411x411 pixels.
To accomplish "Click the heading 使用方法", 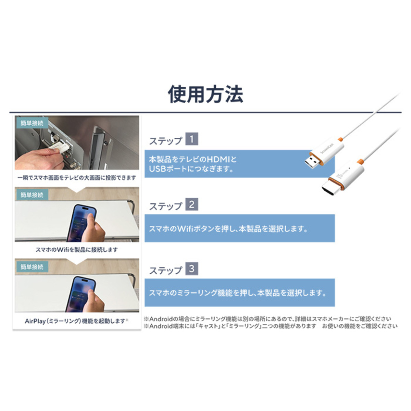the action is point(206,94).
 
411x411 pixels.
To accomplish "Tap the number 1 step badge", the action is point(191,139).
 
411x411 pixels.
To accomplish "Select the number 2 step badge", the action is point(191,204).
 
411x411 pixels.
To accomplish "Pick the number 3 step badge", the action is point(191,269).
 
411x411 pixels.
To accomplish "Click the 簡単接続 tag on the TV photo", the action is point(32,123).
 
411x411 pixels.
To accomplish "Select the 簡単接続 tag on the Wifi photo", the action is point(32,195).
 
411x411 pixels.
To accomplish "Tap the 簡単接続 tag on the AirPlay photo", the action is point(32,266).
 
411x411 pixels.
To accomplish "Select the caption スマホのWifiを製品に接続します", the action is point(77,249).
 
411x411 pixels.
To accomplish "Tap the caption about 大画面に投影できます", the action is point(77,177).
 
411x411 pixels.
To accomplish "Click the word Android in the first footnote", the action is point(161,319).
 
